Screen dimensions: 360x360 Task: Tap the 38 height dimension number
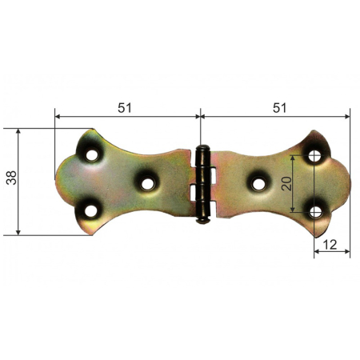(x=10, y=180)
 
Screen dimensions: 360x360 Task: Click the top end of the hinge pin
(x=203, y=148)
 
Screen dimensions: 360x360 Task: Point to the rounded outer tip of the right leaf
(x=348, y=181)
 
